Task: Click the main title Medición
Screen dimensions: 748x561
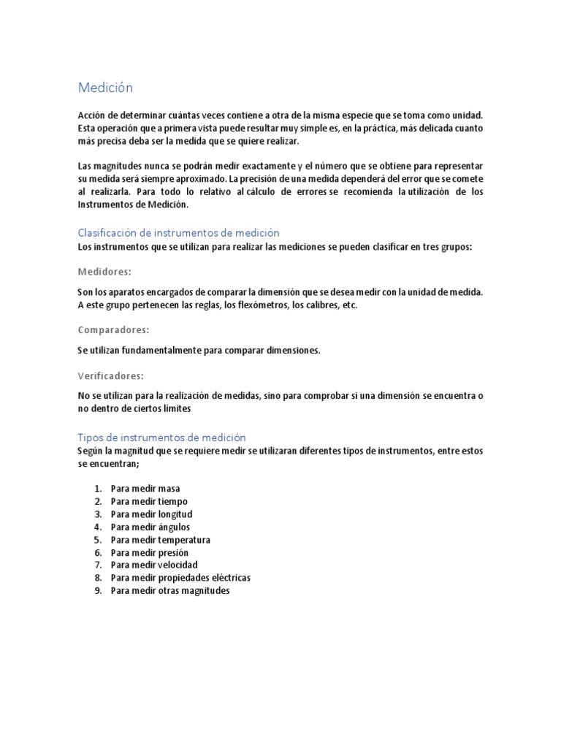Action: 105,88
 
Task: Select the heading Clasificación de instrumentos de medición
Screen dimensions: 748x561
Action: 178,232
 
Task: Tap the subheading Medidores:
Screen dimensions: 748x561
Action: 104,272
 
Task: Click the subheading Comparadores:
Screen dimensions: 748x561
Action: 113,330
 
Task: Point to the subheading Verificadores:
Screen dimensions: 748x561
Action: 110,375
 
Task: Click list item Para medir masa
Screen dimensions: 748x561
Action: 145,488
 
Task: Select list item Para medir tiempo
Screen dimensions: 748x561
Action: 149,501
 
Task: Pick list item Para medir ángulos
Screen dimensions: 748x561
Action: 150,527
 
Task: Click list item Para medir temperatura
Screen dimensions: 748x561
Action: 161,539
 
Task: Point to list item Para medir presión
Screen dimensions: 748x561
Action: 150,552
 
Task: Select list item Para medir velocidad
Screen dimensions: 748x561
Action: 154,565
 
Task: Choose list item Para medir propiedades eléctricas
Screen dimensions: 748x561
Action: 180,578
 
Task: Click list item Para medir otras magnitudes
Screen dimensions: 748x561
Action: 170,590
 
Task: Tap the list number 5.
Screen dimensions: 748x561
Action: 98,539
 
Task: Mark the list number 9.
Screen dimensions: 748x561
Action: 98,590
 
